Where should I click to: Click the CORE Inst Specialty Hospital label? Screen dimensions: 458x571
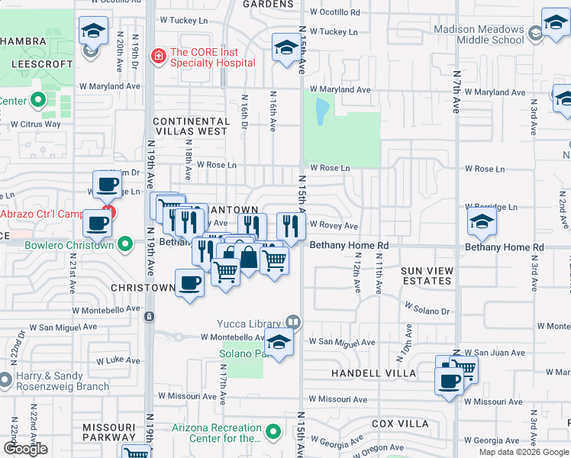pos(212,57)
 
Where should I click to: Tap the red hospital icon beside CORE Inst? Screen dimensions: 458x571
pos(158,56)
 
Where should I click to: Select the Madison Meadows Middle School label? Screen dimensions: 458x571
pos(479,34)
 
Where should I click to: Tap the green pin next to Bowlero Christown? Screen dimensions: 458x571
pos(127,245)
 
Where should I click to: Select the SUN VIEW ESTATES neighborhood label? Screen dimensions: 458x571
pos(427,276)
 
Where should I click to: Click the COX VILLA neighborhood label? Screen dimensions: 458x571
pos(400,423)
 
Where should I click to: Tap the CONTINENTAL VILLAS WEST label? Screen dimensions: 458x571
pos(190,126)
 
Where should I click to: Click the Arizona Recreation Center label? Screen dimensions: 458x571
pos(216,433)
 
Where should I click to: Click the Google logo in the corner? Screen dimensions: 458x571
pos(25,449)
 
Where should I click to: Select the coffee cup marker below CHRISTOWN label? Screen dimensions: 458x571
pos(189,283)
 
